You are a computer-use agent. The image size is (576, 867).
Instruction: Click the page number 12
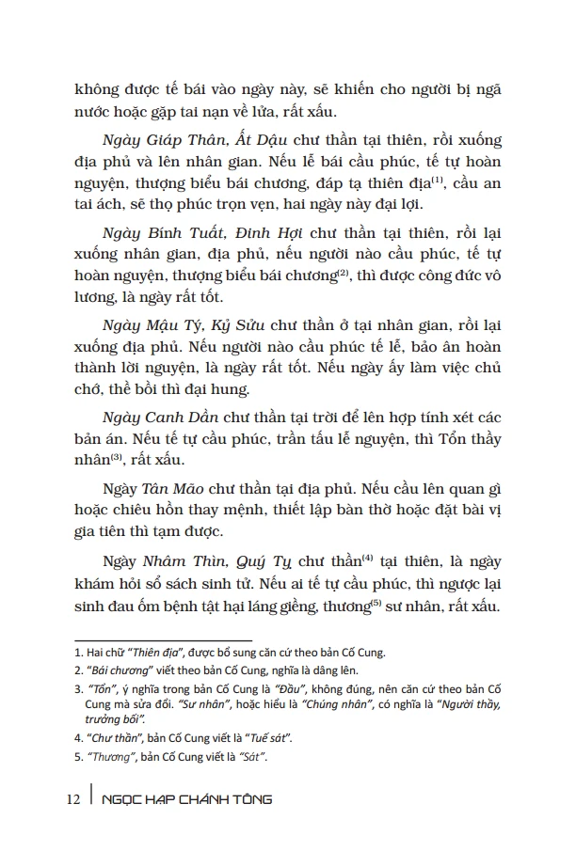tap(73, 799)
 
